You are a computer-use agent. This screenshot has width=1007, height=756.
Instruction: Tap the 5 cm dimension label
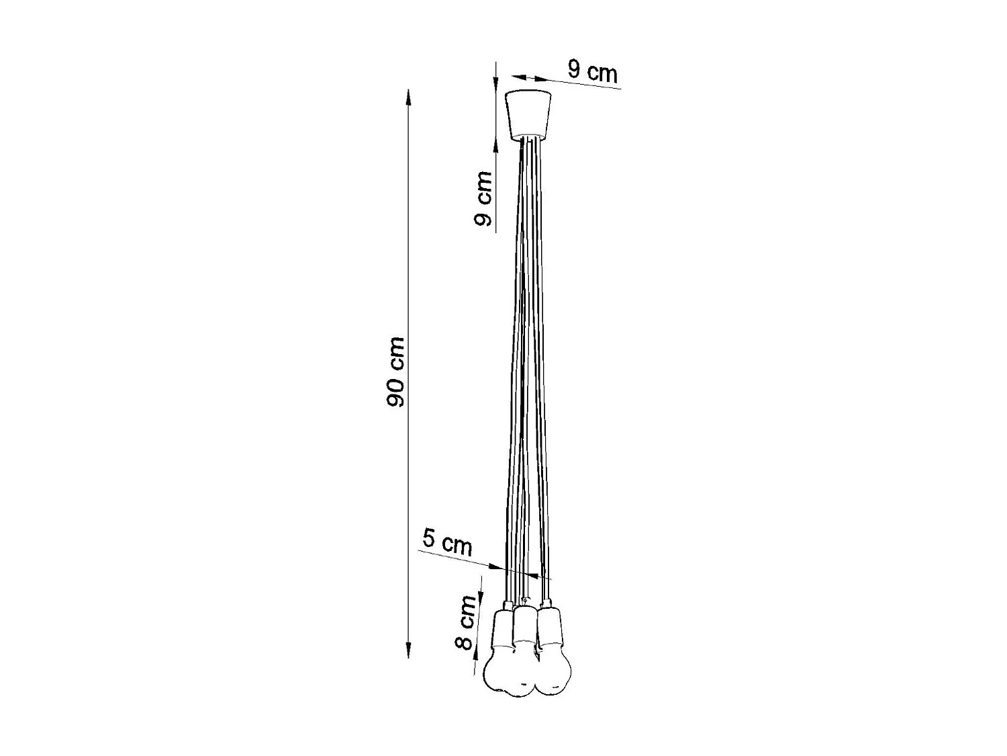(x=447, y=542)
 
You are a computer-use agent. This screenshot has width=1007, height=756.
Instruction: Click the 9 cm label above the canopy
(x=592, y=71)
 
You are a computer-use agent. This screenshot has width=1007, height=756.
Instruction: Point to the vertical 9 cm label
(x=483, y=198)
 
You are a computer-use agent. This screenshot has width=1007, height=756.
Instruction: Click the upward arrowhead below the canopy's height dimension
(x=495, y=149)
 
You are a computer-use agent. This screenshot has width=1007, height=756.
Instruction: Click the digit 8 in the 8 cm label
(x=463, y=642)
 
